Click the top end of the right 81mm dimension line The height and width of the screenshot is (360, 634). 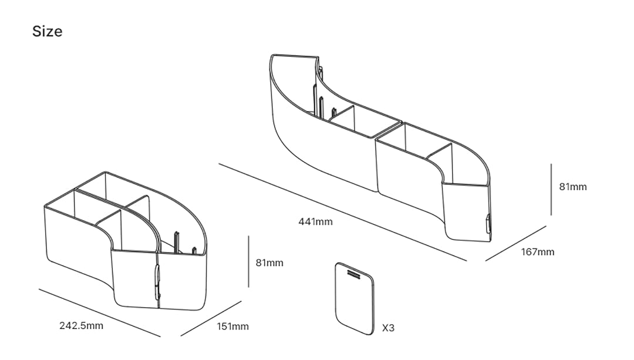click(x=551, y=164)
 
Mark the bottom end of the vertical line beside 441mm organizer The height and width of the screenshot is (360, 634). click(x=551, y=215)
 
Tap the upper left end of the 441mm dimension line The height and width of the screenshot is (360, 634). click(x=219, y=164)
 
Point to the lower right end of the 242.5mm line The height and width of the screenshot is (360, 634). click(x=160, y=336)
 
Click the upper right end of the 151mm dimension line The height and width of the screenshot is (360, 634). click(x=241, y=301)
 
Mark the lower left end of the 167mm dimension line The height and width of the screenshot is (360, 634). click(x=485, y=261)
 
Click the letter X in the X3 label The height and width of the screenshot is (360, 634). click(x=385, y=328)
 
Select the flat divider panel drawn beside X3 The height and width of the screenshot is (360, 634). click(x=355, y=298)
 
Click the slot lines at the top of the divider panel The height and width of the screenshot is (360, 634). click(x=353, y=274)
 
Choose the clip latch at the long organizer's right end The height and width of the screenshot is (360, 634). click(x=488, y=224)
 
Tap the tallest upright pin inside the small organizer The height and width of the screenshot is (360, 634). click(x=176, y=243)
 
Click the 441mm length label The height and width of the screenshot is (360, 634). click(x=315, y=221)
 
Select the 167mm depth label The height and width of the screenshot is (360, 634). click(x=537, y=252)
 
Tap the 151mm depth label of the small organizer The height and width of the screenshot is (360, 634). click(x=232, y=327)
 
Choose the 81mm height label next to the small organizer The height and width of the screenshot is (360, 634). click(x=269, y=263)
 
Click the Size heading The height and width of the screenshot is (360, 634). click(x=48, y=31)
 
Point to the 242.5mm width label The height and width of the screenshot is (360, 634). click(x=81, y=325)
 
